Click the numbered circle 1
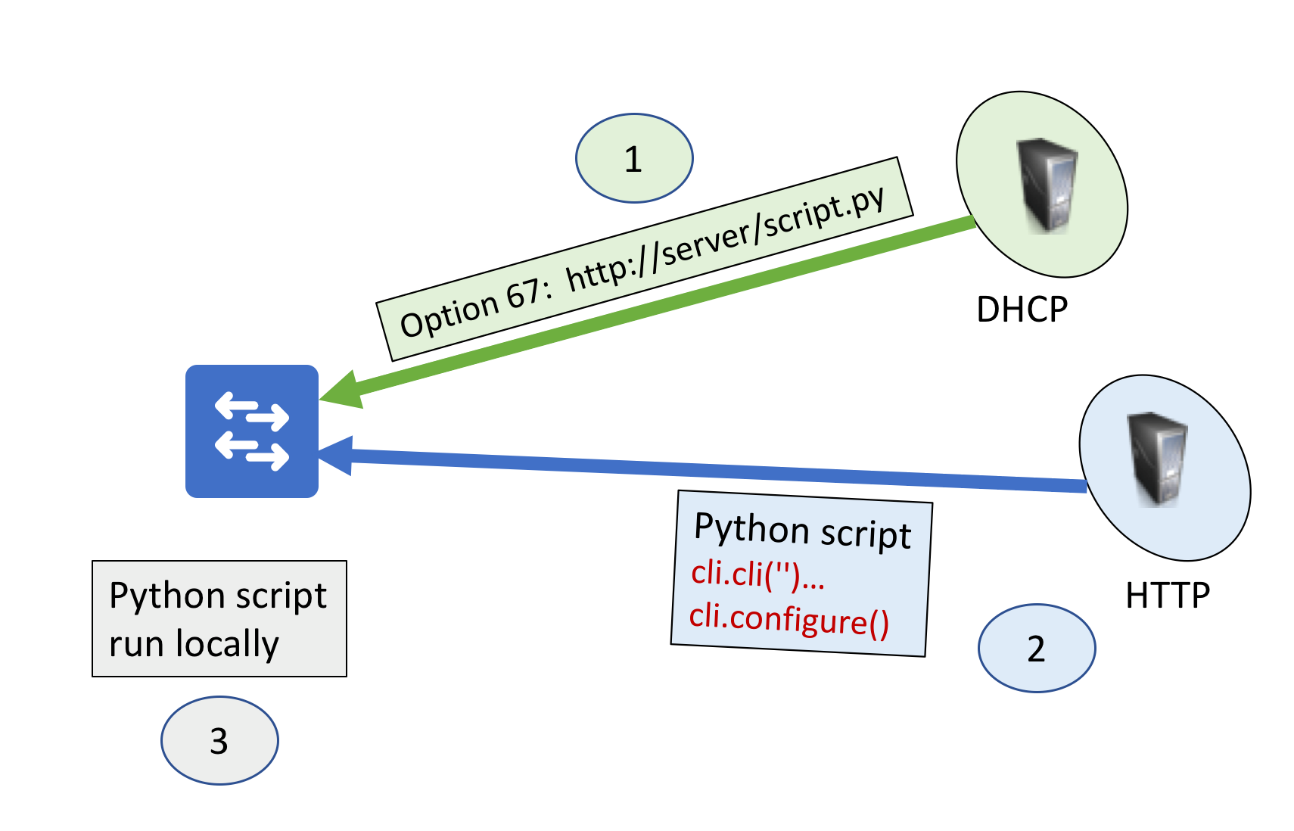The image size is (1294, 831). tap(634, 159)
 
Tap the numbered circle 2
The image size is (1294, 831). tap(1036, 649)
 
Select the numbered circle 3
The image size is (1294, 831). tap(219, 741)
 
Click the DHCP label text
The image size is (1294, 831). tap(1022, 310)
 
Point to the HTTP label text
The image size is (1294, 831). tap(1167, 596)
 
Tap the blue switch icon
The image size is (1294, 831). tap(252, 431)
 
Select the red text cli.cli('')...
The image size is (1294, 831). tap(757, 574)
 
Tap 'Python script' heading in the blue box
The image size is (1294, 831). tap(802, 530)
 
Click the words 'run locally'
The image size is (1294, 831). tap(194, 644)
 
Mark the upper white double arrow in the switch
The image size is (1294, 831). tap(252, 411)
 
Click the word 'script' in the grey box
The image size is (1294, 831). tap(282, 596)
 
